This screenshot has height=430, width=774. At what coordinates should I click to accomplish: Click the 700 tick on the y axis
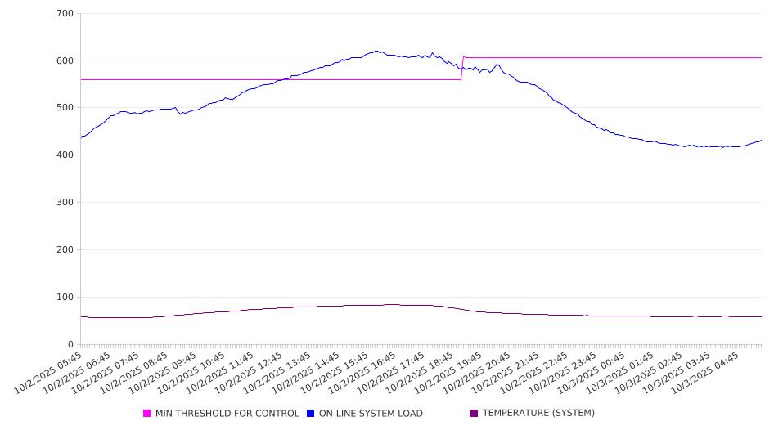(x=65, y=14)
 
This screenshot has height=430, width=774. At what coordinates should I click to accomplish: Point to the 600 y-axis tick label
(x=65, y=60)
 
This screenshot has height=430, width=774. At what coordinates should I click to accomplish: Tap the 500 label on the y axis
(x=65, y=108)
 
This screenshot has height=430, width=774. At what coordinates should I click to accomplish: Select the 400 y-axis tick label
(x=65, y=155)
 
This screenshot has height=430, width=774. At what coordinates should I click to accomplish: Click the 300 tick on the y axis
(x=65, y=203)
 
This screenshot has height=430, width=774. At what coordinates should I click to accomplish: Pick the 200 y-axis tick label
(x=65, y=250)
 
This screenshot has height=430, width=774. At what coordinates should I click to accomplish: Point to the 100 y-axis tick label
(x=65, y=298)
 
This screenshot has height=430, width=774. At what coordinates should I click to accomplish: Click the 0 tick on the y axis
(x=70, y=344)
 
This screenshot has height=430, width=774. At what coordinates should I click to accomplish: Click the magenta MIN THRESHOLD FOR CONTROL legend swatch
(x=147, y=414)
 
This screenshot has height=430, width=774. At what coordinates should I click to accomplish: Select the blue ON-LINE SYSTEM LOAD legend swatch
(x=311, y=414)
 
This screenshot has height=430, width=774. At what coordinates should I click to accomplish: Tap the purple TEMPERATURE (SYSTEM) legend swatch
(x=475, y=414)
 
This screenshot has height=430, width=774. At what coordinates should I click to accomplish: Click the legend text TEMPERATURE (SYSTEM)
(x=538, y=414)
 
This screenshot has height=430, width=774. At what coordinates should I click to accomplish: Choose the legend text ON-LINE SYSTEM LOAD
(x=371, y=414)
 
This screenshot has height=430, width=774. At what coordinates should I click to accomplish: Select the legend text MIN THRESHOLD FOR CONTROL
(x=227, y=414)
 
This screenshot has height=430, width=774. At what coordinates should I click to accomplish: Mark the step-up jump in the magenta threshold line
(x=462, y=68)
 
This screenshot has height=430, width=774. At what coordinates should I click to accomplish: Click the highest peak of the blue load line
(x=376, y=51)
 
